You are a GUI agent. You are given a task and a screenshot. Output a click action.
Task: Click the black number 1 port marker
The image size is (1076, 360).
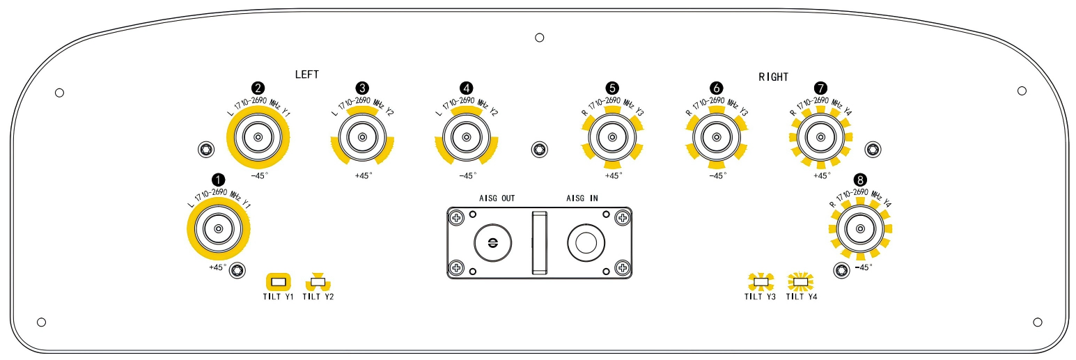218,180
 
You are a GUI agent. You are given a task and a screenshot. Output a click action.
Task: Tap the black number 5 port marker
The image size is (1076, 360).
612,88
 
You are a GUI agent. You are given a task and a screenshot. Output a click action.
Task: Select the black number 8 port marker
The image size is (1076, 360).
860,180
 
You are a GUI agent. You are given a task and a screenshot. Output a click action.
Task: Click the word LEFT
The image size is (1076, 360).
307,75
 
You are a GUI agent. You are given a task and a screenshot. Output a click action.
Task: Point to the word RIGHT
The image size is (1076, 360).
773,77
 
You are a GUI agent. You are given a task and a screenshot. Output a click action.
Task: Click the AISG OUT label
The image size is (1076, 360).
497,198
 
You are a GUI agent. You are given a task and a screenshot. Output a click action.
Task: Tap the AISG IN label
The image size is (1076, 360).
582,198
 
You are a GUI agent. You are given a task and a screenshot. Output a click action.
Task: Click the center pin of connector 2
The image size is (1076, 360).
258,137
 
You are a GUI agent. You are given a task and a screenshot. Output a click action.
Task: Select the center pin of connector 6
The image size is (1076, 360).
716,137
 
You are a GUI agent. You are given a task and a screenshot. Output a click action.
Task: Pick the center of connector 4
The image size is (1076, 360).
466,137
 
